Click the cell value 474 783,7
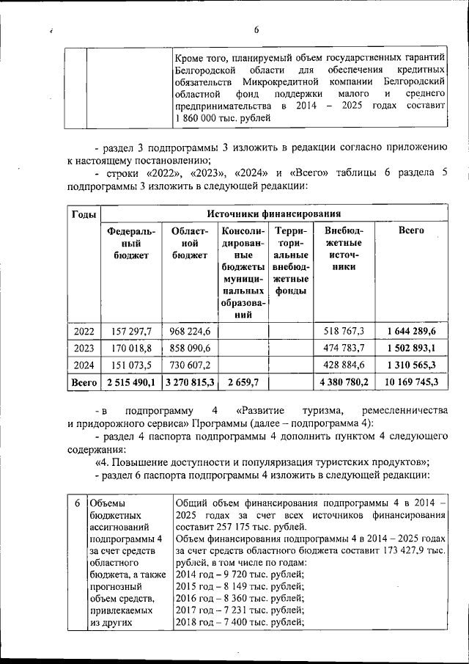[344, 348]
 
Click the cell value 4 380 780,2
[344, 382]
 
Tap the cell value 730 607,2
[190, 365]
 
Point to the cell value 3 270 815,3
[190, 382]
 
